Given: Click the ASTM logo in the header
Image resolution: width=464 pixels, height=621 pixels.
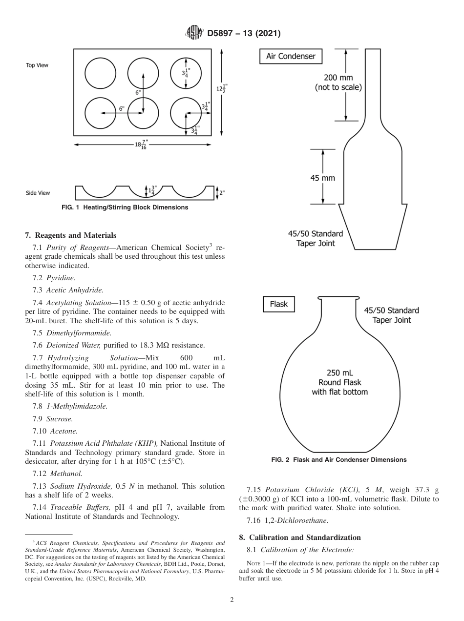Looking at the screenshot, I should point(195,33).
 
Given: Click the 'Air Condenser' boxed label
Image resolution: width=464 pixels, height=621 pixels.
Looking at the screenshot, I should point(291,56).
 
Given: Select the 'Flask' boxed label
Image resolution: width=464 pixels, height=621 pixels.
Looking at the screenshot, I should point(279,304).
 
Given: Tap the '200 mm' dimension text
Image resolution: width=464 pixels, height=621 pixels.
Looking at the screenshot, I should point(338,78).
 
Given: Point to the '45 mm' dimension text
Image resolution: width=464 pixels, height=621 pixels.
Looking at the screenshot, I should point(323,178).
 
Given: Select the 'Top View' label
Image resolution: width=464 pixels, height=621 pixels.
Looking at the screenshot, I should point(37,65).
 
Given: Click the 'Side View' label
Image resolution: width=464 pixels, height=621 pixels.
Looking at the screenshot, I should point(38,193).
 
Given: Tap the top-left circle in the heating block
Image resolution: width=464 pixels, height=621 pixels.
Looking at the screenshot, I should point(100,73).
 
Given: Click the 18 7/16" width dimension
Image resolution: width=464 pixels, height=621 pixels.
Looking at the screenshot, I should point(142,145).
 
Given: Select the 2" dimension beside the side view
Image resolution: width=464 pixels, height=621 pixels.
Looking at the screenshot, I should point(222,193).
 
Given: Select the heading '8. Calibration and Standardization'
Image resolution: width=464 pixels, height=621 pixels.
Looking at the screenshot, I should point(299,538).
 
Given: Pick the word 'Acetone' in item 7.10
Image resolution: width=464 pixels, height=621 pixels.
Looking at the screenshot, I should point(63,431).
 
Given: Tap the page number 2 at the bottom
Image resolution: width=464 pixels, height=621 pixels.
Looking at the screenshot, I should point(232,600).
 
